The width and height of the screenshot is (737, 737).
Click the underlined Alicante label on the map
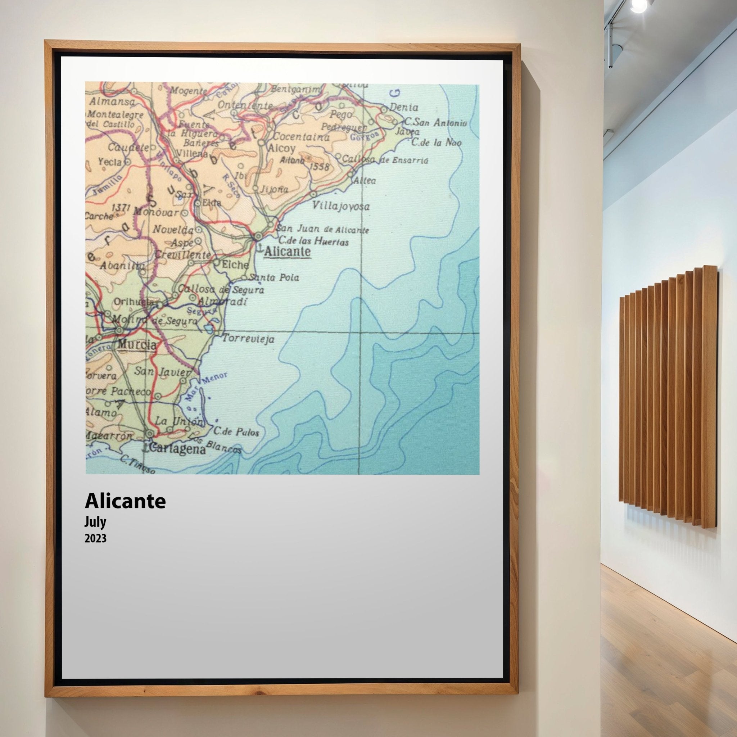tap(287, 252)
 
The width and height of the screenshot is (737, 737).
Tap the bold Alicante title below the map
tap(125, 501)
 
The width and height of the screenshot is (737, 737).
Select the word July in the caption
tap(95, 522)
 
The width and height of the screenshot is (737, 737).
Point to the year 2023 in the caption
tap(95, 539)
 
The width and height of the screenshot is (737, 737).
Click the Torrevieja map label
tap(248, 338)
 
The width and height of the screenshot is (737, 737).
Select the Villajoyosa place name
tap(341, 206)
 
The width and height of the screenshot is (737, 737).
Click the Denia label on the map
tap(404, 108)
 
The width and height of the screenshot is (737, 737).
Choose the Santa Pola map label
tap(274, 277)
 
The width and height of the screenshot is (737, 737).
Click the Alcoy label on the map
tap(282, 148)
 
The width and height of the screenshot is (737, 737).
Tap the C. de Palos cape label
tap(236, 432)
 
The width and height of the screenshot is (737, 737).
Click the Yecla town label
tap(110, 162)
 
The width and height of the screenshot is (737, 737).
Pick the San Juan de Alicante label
tap(323, 229)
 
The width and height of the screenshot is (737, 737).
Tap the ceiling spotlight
tap(639, 5)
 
